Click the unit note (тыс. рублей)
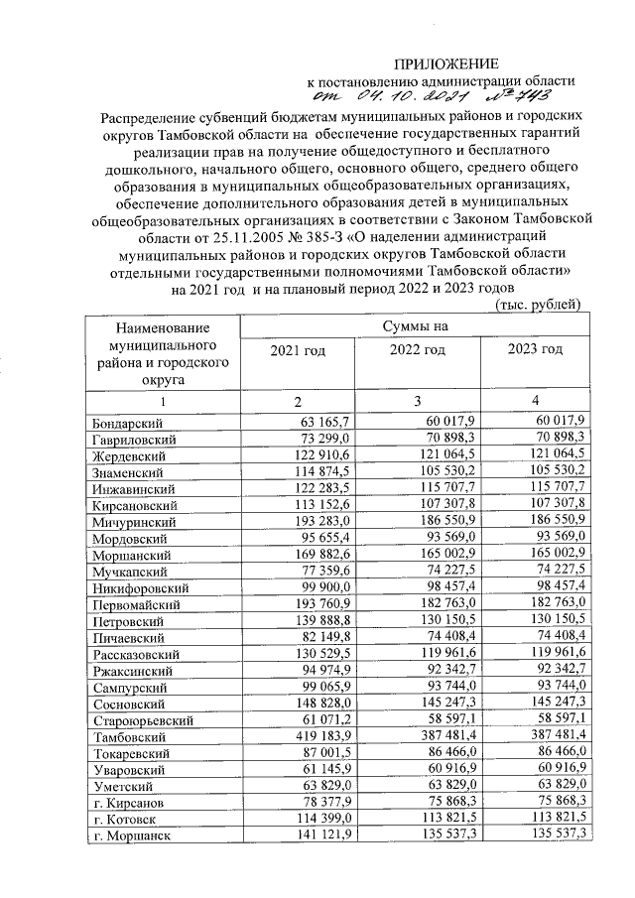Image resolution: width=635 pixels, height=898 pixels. coord(537,305)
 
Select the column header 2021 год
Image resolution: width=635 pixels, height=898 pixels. coord(298,350)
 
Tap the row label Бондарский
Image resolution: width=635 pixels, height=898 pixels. coord(120,424)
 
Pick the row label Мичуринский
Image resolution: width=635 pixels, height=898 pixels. coord(127,520)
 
